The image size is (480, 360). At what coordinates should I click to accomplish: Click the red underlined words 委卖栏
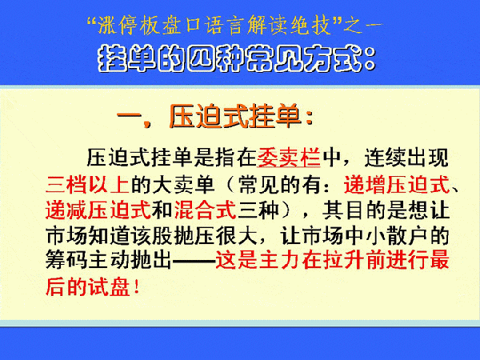coord(288,158)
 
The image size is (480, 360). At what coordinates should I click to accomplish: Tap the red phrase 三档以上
coord(87,185)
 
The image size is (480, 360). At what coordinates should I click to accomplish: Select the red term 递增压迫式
coord(397,185)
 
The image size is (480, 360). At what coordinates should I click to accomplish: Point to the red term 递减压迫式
coord(98,210)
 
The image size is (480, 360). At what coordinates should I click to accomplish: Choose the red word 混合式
coord(206,210)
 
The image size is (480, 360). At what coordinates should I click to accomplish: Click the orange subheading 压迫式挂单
coord(234,116)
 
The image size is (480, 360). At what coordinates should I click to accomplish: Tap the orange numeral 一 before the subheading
coord(129,117)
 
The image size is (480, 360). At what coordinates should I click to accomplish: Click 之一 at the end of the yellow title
coord(363,26)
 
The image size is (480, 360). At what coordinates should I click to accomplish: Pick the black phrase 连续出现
coord(406,158)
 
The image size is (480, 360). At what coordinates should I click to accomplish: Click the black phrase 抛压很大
coord(215,236)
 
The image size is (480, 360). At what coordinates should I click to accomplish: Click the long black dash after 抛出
coord(194,261)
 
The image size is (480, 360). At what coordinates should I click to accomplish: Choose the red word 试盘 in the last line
coord(109,287)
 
